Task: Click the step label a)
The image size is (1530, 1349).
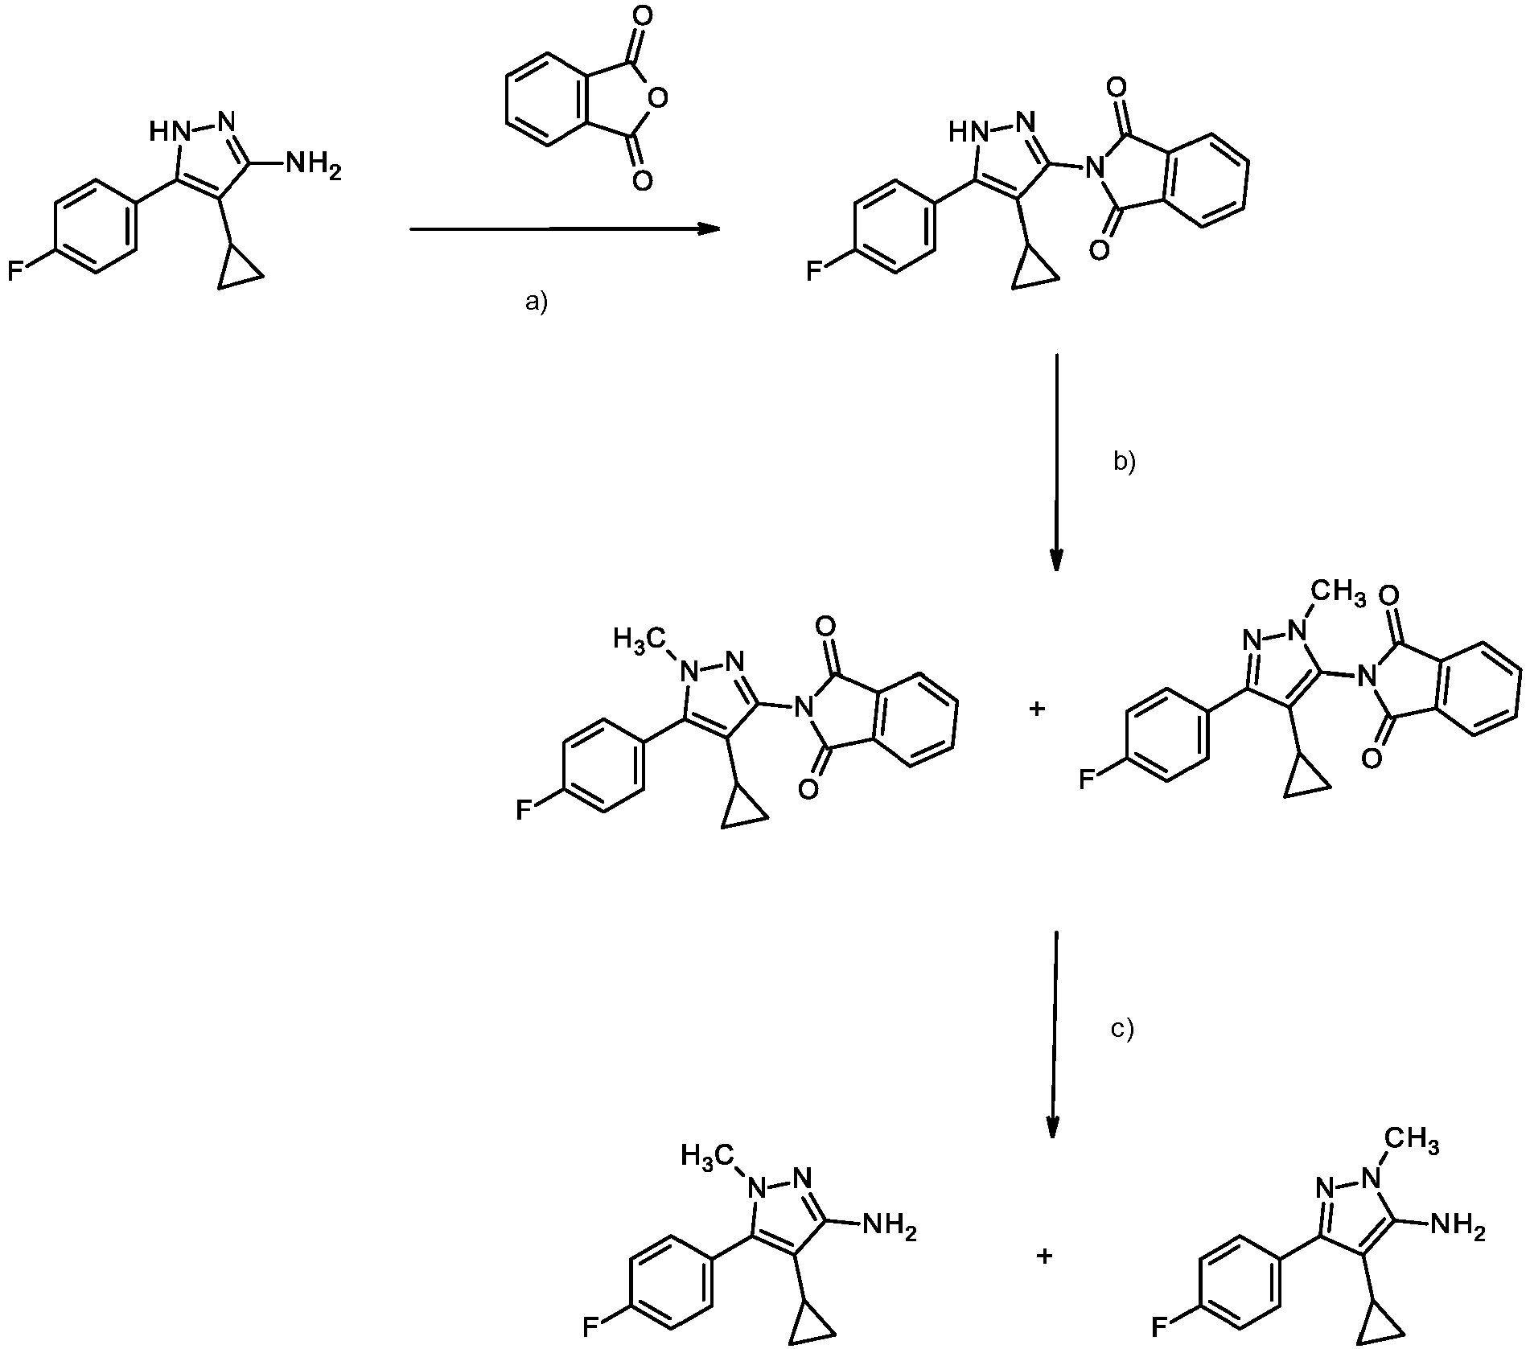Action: (x=535, y=303)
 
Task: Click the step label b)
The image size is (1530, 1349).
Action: (x=1125, y=463)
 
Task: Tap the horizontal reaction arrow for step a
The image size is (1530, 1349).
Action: (x=565, y=229)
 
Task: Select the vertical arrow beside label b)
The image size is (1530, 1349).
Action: (x=1055, y=462)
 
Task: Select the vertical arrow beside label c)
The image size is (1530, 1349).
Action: (x=1054, y=1035)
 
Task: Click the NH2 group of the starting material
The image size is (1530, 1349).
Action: (x=313, y=167)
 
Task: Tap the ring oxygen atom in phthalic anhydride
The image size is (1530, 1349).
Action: (x=657, y=99)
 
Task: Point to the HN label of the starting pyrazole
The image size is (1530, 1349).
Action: (x=166, y=131)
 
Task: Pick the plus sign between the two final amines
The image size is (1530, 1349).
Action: (x=1044, y=1256)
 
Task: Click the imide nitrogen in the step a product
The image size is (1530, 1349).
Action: (x=1092, y=168)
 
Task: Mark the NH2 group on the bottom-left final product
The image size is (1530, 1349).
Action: (x=889, y=1227)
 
